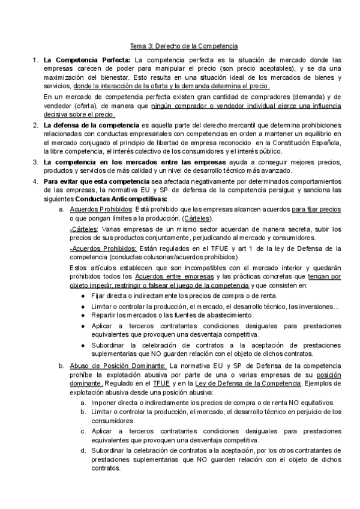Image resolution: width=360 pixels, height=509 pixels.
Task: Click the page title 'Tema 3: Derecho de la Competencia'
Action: coord(185,46)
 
